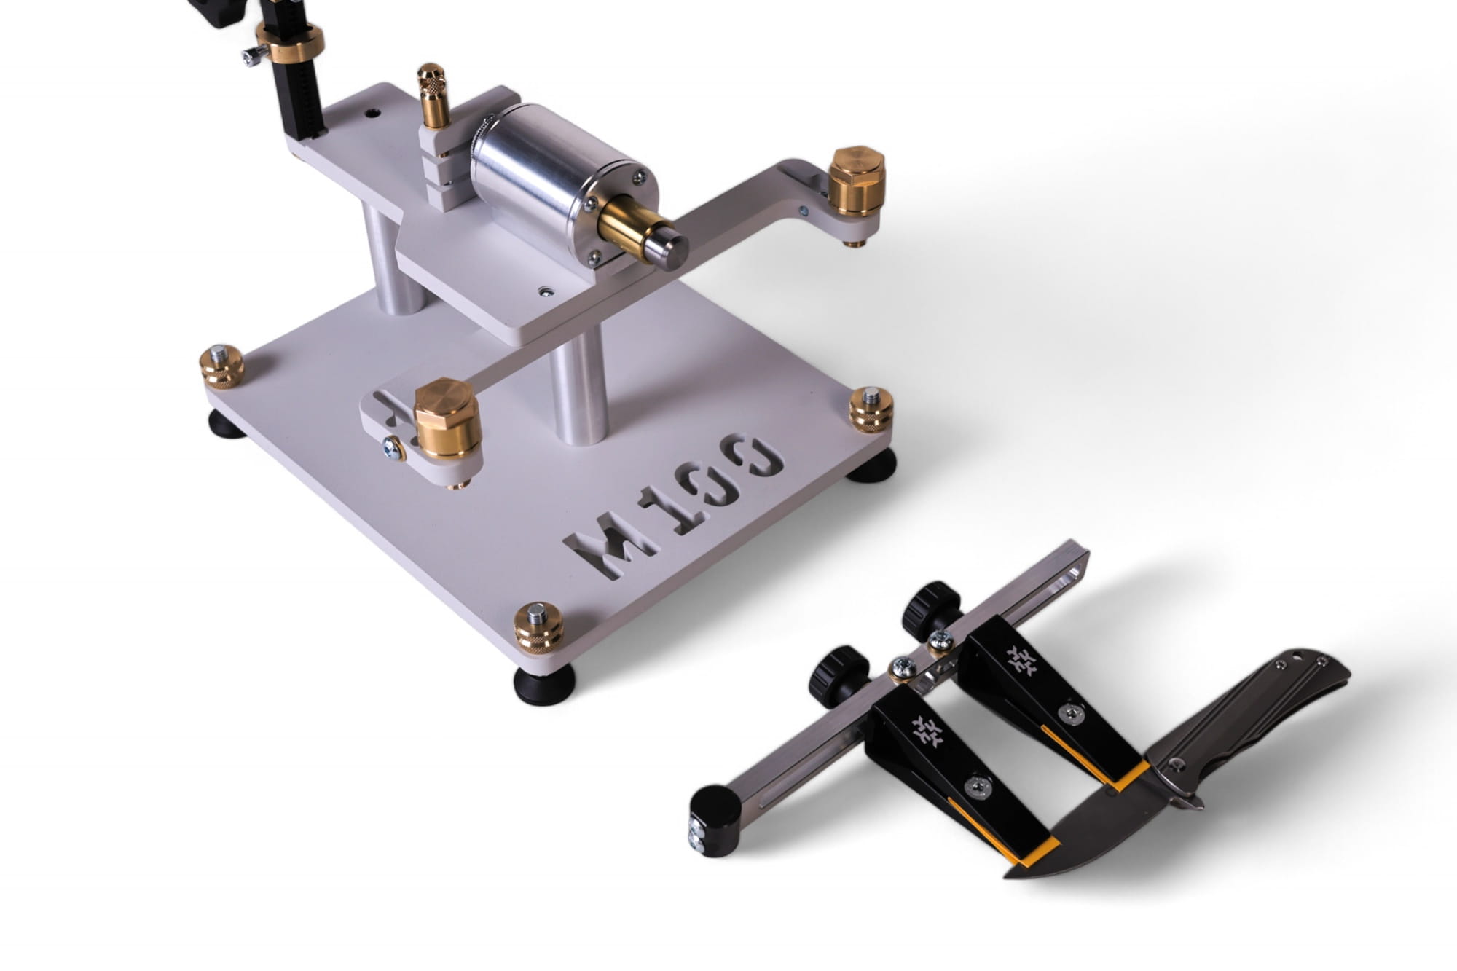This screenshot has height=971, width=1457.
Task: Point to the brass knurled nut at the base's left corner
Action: coord(221,366)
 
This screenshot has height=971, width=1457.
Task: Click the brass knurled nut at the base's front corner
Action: coord(538,628)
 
